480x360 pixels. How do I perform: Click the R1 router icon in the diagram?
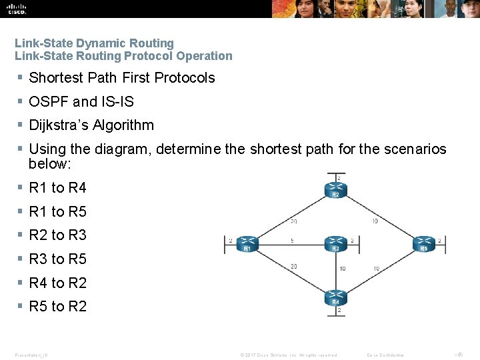coord(247,244)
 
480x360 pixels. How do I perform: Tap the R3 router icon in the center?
coord(335,244)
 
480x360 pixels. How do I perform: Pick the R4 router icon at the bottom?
coord(335,297)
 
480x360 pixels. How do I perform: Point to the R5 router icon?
coord(423,244)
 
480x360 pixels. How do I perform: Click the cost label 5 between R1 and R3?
coord(293,241)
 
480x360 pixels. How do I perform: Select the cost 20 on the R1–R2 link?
coord(293,221)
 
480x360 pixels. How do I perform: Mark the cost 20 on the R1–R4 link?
coord(293,267)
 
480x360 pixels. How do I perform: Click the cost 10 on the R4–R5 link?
coord(377,269)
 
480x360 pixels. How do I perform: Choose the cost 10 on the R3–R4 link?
coord(342,269)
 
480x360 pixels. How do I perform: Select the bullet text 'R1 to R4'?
coord(58,188)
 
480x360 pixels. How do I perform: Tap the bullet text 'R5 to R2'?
coord(58,307)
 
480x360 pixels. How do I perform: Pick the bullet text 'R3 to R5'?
coord(58,259)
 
